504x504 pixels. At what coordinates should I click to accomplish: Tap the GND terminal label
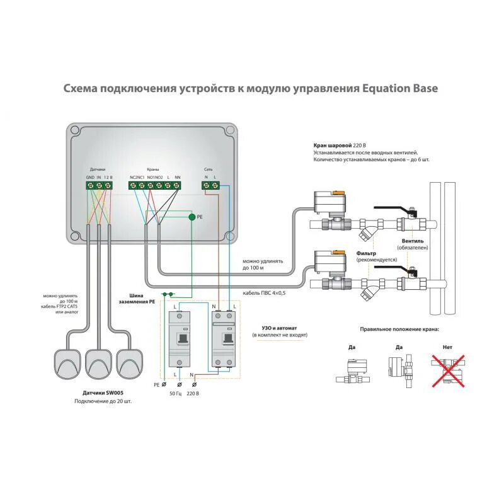90,178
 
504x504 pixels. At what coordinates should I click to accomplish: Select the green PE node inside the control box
192,217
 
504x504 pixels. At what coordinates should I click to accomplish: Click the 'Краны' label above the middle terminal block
153,169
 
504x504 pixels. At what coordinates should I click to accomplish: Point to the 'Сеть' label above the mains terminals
209,169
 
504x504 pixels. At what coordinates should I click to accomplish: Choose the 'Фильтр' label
369,253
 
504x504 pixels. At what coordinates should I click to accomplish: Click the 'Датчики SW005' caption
104,392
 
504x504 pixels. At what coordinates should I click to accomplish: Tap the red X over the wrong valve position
448,369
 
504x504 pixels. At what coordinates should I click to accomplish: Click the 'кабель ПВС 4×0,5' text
265,293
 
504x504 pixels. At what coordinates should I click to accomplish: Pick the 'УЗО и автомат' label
279,328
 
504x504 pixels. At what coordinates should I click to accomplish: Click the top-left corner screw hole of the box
75,130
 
